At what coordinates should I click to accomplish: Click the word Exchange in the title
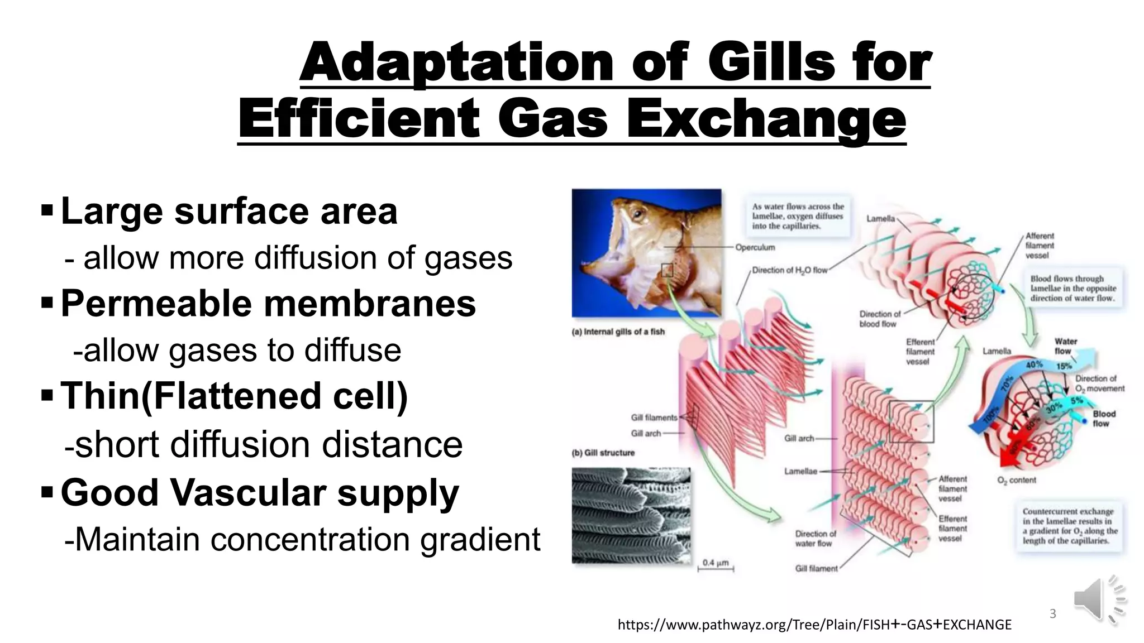tap(766, 119)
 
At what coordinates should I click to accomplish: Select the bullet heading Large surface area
tap(229, 212)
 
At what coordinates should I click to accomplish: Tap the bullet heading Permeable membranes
tap(268, 304)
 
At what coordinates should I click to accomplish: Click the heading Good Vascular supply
tap(260, 493)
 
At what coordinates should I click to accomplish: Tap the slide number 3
tap(1052, 614)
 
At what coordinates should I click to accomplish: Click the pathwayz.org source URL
tap(814, 625)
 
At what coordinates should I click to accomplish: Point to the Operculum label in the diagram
tap(755, 247)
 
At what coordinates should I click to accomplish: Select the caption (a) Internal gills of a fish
tap(618, 332)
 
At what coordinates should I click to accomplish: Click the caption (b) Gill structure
tap(603, 453)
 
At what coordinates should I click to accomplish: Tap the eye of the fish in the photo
tap(636, 214)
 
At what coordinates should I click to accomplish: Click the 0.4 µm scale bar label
tap(715, 563)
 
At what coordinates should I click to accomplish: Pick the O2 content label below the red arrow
tap(1016, 480)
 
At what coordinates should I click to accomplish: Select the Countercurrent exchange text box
tap(1069, 526)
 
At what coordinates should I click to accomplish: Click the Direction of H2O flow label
tap(789, 270)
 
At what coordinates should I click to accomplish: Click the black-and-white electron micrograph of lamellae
tap(631, 515)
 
